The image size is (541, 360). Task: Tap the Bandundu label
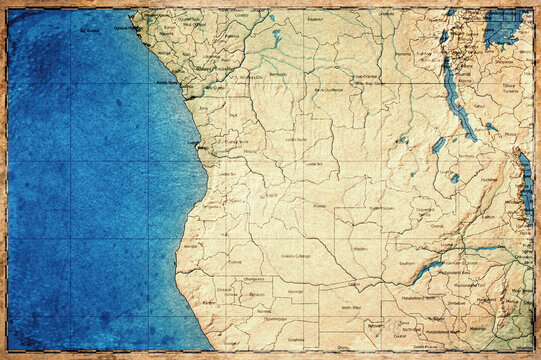coord(279,74)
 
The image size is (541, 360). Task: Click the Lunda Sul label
coord(315,164)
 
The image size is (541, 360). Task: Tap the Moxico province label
coord(320,206)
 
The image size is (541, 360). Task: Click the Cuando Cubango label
coord(295,256)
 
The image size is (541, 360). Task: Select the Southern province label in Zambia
coord(407,263)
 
